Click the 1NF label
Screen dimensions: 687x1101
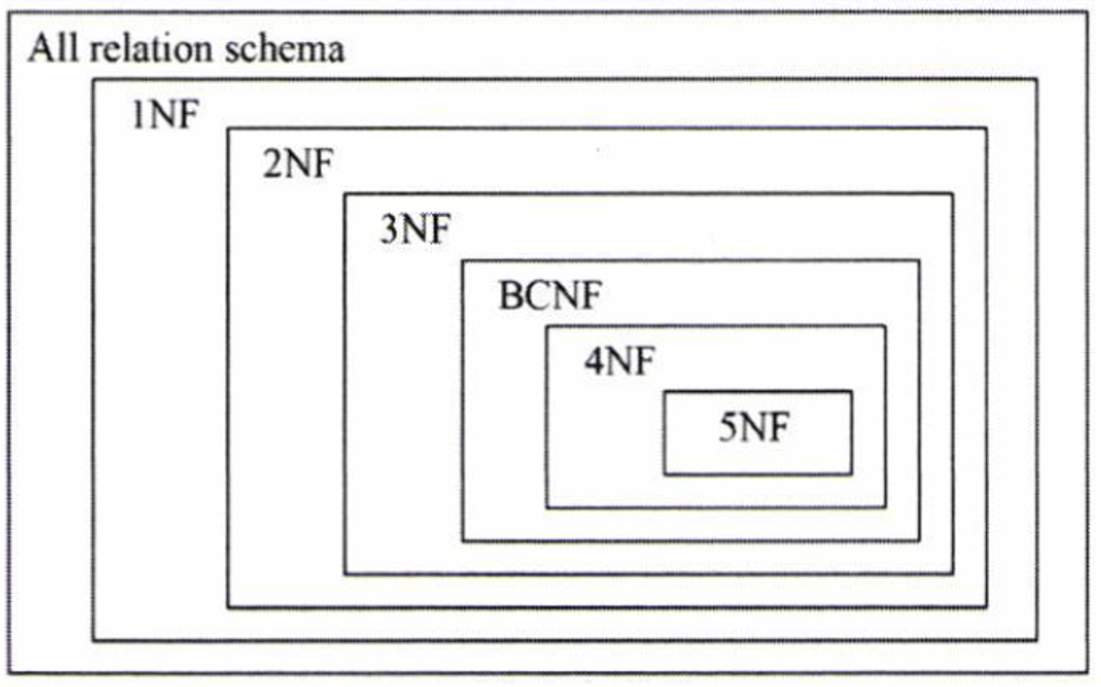point(165,114)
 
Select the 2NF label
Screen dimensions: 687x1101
point(298,163)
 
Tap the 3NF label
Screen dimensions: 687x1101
point(415,229)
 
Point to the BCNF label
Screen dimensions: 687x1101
point(550,296)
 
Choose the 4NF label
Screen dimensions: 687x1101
point(619,361)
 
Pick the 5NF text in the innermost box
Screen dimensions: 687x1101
point(754,427)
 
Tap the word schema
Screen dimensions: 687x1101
point(284,49)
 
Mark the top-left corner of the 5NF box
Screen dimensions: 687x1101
point(664,392)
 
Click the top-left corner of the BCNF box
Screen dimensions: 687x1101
point(462,261)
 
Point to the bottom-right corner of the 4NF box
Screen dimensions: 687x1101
point(885,506)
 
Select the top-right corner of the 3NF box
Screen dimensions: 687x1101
point(953,194)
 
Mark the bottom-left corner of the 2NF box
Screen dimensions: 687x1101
point(228,607)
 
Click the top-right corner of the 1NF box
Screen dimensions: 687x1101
point(1037,79)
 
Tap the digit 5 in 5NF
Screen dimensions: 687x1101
point(727,427)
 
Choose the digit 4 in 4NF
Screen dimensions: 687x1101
point(593,361)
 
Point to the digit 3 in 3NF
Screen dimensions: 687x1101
point(389,229)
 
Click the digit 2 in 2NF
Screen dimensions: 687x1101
point(272,163)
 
